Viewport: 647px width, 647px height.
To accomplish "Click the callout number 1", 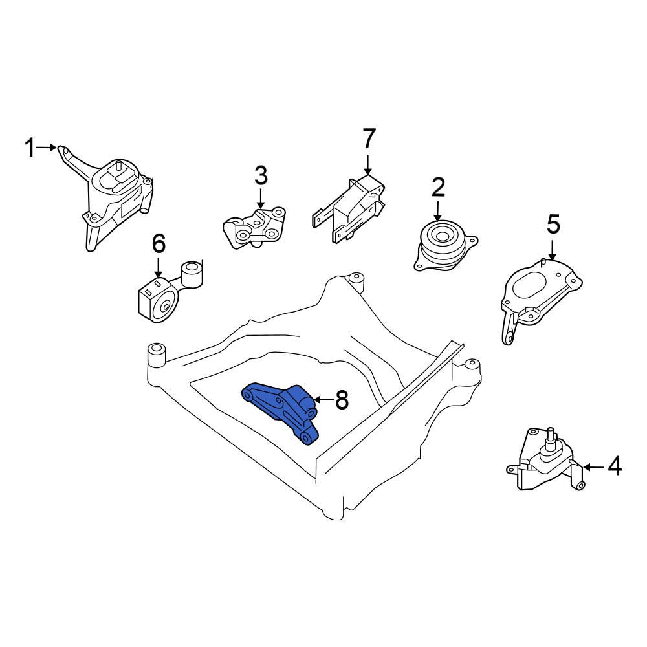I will pyautogui.click(x=29, y=148).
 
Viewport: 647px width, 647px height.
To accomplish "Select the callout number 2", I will pyautogui.click(x=438, y=188).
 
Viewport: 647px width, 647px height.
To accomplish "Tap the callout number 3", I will pyautogui.click(x=260, y=175).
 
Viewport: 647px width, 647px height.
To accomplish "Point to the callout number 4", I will pyautogui.click(x=614, y=466).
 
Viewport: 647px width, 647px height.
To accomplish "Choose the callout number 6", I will pyautogui.click(x=159, y=244).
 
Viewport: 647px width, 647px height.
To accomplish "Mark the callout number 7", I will pyautogui.click(x=368, y=138).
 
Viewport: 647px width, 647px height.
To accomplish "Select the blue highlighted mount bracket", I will pyautogui.click(x=281, y=408).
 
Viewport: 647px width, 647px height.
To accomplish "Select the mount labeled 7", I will pyautogui.click(x=353, y=207).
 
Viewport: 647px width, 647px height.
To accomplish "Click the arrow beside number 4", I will pyautogui.click(x=594, y=466).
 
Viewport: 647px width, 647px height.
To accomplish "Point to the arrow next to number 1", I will pyautogui.click(x=47, y=148).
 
